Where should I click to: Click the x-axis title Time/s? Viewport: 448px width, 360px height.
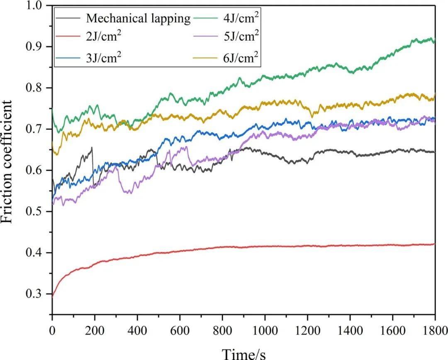[243, 353]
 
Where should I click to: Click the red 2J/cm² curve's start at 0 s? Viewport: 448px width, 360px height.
[53, 296]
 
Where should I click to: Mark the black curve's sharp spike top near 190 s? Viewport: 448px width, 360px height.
[92, 147]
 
